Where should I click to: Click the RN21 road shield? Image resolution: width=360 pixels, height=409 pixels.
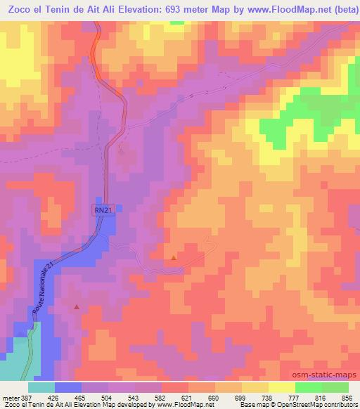[x=103, y=209]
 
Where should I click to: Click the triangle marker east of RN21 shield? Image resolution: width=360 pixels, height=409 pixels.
[x=174, y=257]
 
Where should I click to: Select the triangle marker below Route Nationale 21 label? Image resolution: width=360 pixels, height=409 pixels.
[x=77, y=307]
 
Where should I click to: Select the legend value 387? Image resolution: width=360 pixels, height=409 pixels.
[x=27, y=397]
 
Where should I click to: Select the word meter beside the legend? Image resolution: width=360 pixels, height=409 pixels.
[x=10, y=397]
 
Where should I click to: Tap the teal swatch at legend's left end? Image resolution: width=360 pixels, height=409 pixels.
[x=41, y=387]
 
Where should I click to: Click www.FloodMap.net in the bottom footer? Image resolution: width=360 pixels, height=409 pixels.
[x=185, y=405]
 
